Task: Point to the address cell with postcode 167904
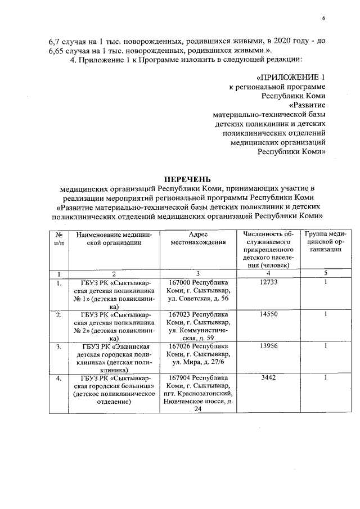[199, 394]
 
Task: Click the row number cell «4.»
[58, 379]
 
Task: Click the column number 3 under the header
[199, 273]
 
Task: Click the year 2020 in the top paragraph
[281, 42]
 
